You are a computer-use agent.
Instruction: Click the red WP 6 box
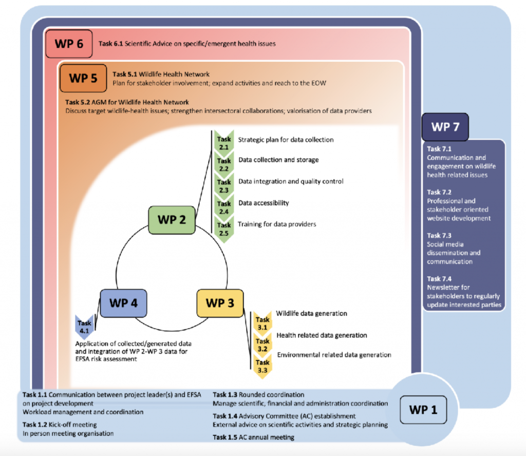coord(69,43)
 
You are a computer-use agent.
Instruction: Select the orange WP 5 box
coord(83,79)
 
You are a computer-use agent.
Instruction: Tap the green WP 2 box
coord(171,220)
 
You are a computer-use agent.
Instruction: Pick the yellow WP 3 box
coord(220,302)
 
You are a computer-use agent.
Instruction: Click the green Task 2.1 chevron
coord(224,143)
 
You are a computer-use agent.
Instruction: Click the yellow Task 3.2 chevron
coord(262,345)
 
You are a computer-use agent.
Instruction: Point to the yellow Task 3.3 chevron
coord(262,366)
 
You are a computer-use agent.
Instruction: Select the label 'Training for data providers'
coord(277,224)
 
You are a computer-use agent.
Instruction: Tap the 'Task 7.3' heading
coord(438,236)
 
